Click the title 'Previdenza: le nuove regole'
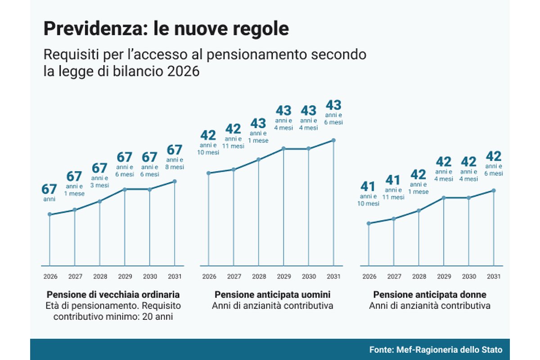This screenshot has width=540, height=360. pos(166,29)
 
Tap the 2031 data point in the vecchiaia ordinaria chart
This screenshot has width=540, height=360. pos(175,181)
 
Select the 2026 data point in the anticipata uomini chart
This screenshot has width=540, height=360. pos(208,173)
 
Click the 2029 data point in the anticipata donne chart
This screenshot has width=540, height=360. pos(444,198)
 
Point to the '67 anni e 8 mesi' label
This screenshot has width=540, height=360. pos(175,157)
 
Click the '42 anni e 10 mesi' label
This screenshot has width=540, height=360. pos(208,142)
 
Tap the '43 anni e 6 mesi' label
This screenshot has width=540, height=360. pos(333,112)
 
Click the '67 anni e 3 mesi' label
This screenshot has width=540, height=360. pos(99,175)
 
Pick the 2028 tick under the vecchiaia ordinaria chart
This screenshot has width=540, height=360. pos(99,276)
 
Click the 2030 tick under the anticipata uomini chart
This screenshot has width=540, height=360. pos(309,276)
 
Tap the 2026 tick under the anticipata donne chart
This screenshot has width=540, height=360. pos(369,276)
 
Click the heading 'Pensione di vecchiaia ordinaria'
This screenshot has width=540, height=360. pos(113,295)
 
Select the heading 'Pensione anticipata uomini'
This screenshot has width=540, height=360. pos(272,295)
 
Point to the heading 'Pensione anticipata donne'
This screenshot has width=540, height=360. pos(430,295)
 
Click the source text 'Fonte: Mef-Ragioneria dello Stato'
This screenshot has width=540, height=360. pos(436,350)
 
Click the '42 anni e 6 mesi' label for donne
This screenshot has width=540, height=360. pos(494,163)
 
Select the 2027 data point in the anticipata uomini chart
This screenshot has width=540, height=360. pos(233,169)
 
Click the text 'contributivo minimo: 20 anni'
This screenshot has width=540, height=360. pos(113,317)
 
